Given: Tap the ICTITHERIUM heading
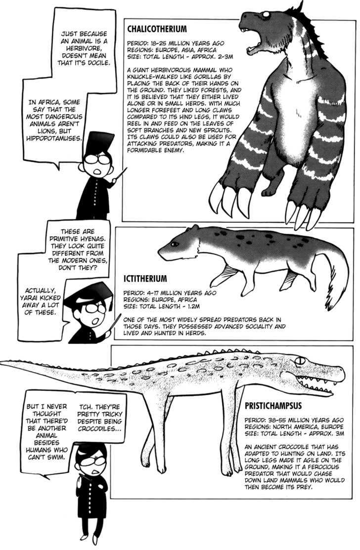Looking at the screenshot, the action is pyautogui.click(x=145, y=279).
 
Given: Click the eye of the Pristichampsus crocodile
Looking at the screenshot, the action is pyautogui.click(x=299, y=360).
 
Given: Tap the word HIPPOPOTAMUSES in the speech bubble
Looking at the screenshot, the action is pyautogui.click(x=54, y=138).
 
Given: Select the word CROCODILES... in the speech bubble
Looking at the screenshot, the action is pyautogui.click(x=100, y=428).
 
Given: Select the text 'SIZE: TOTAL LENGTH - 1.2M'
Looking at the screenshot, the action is pyautogui.click(x=161, y=306).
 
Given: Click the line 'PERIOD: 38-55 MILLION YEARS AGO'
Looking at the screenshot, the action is pyautogui.click(x=294, y=420).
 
